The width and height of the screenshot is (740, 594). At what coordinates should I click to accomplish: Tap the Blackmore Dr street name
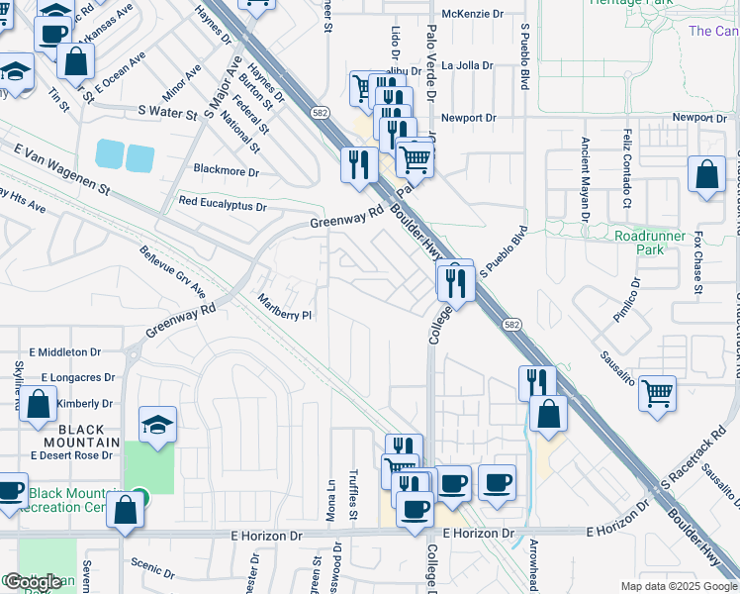[x=227, y=171]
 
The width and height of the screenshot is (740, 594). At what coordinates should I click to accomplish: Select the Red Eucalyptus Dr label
[x=223, y=205]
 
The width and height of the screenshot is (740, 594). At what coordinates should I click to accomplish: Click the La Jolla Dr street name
[x=467, y=66]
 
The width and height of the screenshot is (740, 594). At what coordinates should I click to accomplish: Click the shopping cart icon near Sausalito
[x=657, y=393]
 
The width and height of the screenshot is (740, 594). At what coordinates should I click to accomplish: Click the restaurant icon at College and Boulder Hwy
[x=456, y=283]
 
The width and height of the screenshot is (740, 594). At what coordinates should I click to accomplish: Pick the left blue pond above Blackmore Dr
[x=110, y=154]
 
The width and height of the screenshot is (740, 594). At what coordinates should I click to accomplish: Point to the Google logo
[x=32, y=583]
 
